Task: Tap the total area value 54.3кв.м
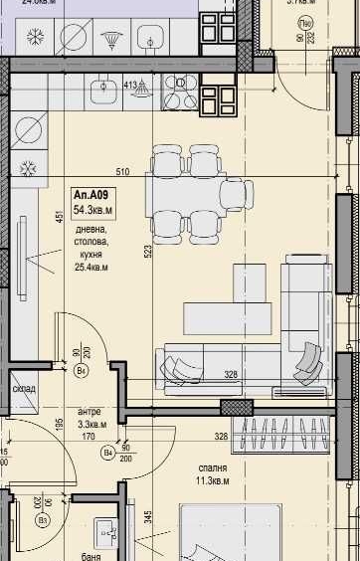pos(93,211)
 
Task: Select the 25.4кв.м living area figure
pos(90,267)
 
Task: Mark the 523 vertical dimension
pos(148,252)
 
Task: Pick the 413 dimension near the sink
pos(130,86)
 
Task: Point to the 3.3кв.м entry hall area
pos(92,423)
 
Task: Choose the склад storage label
pos(24,389)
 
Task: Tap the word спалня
pos(213,467)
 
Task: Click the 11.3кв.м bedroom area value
pos(211,480)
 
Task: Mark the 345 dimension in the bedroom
pos(147,517)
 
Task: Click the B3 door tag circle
pos(42,519)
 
